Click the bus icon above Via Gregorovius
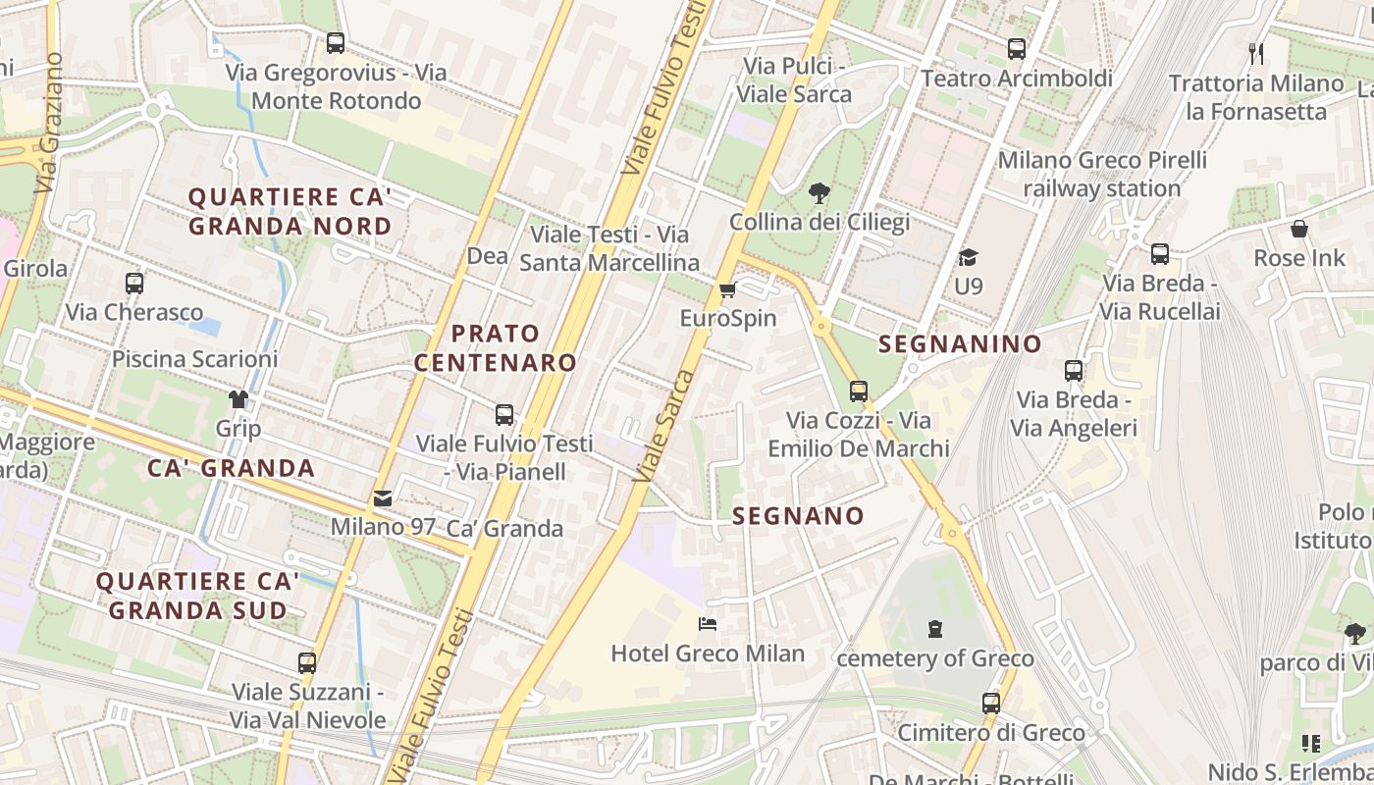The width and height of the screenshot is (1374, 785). tap(336, 42)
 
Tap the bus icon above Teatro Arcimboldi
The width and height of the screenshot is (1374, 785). tap(1017, 48)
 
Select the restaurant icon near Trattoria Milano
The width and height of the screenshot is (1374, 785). tap(1256, 53)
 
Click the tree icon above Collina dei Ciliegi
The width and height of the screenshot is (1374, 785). tap(819, 193)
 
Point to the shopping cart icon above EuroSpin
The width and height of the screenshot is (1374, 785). tap(727, 289)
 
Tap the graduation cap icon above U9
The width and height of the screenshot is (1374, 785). tap(968, 257)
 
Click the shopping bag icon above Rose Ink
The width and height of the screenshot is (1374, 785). tap(1299, 230)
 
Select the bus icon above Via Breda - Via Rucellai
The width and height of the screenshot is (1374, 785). tap(1160, 254)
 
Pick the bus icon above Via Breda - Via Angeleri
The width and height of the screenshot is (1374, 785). tap(1074, 371)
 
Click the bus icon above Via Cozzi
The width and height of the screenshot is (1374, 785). tap(859, 391)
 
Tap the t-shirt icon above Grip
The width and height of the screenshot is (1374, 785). tap(238, 398)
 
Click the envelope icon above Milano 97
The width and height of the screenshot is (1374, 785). tap(383, 497)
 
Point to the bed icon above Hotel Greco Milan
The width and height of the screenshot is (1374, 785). tap(708, 623)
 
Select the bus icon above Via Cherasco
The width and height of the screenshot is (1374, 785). tap(134, 284)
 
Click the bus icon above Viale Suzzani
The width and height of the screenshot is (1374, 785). tap(307, 662)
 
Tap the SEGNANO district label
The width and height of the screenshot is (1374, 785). tap(798, 515)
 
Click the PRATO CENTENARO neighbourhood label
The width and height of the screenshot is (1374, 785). tap(496, 347)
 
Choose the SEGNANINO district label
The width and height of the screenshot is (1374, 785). tap(960, 343)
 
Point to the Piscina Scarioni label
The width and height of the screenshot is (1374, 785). tap(194, 358)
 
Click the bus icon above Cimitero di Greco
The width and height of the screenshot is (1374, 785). tap(991, 703)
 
